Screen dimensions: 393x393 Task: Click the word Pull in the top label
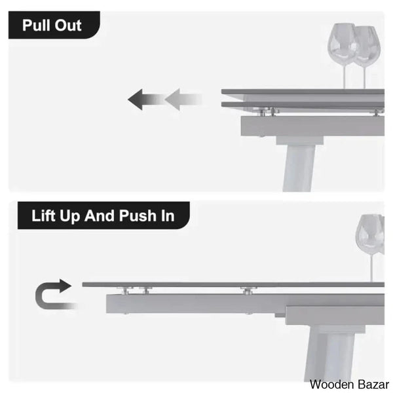[37, 26]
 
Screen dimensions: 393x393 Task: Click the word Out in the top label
[68, 26]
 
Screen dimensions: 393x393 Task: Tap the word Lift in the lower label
[43, 215]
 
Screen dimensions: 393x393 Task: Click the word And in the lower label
[100, 215]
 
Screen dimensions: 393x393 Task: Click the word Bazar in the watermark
[373, 384]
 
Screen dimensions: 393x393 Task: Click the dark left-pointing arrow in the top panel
[146, 100]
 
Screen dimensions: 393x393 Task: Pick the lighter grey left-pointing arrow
[183, 100]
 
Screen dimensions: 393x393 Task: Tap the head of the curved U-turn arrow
[65, 286]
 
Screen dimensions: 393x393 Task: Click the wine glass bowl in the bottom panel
[370, 234]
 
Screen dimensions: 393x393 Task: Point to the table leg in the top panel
[299, 168]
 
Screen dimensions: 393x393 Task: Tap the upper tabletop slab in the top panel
[303, 92]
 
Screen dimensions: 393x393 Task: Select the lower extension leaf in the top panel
[303, 105]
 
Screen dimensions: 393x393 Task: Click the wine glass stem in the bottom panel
[371, 268]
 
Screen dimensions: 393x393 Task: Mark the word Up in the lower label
[69, 216]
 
